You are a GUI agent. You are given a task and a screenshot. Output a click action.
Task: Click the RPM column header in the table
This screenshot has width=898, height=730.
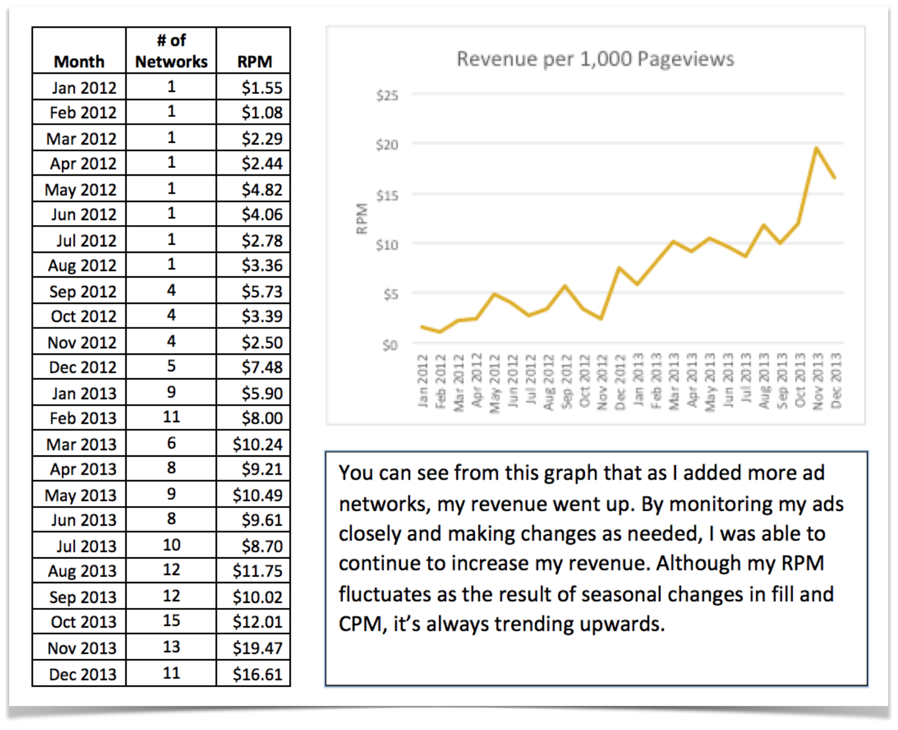254,62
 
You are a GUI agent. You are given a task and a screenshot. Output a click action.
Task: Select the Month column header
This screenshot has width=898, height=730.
79,62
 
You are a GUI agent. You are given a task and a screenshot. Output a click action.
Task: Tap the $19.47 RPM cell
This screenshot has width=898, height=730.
257,648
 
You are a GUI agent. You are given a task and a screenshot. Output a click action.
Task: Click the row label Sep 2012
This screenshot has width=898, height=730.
82,291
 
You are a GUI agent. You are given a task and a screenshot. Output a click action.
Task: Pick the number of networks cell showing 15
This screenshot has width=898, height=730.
171,621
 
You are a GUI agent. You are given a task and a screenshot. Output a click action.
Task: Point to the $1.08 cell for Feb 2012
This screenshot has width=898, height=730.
262,112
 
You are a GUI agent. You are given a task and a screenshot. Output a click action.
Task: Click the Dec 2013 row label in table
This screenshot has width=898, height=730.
82,674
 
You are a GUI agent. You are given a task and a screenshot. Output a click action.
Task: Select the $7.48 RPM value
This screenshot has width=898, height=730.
262,367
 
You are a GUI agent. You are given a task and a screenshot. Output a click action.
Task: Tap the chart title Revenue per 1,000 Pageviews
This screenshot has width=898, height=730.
595,59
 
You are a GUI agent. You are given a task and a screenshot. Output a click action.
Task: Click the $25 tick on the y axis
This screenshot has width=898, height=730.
387,95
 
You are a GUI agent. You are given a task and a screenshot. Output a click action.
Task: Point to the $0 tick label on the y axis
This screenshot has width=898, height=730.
390,345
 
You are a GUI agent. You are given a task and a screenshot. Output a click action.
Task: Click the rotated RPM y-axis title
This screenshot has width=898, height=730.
362,219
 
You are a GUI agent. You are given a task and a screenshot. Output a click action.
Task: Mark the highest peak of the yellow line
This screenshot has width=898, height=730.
816,148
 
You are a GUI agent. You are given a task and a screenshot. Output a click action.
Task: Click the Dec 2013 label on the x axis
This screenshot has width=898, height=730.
836,381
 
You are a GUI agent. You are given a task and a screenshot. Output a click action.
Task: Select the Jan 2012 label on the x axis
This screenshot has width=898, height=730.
423,381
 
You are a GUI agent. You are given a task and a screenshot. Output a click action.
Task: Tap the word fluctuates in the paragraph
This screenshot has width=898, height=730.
384,594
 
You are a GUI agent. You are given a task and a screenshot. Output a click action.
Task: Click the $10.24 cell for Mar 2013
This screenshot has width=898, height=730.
257,444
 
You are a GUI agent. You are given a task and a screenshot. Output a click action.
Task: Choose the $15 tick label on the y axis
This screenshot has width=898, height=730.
387,196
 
